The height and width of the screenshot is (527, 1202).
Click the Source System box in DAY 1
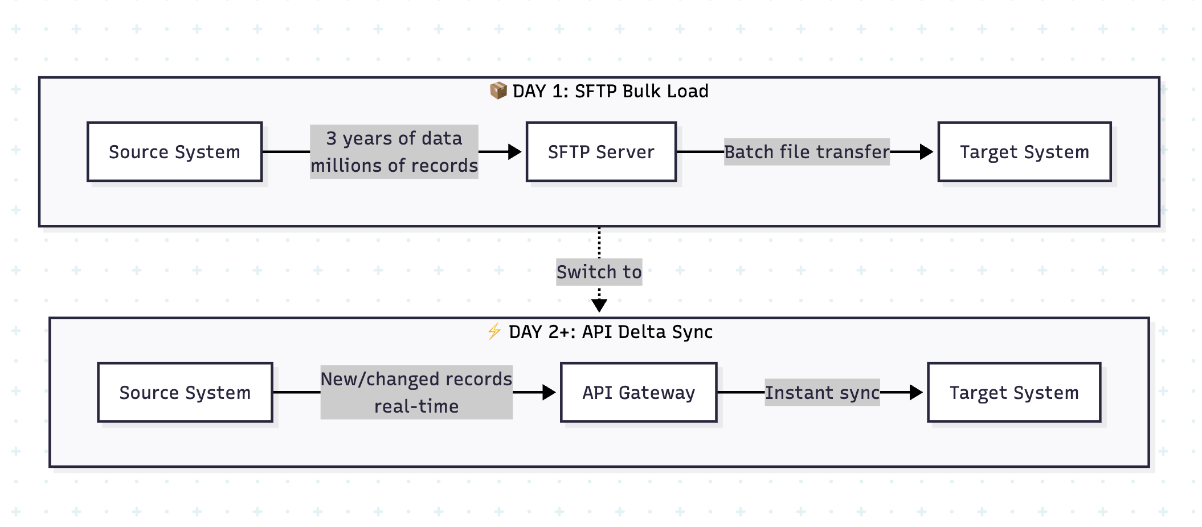click(x=174, y=152)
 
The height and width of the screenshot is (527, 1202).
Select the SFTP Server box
click(x=601, y=152)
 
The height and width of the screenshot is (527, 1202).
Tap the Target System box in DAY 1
click(x=1024, y=152)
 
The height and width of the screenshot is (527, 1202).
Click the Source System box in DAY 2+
click(x=185, y=393)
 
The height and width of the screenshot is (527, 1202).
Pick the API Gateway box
click(x=638, y=393)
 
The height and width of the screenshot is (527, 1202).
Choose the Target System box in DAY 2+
click(x=1013, y=393)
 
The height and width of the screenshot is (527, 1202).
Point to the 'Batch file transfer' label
click(x=806, y=152)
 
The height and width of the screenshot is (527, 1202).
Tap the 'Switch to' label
click(x=599, y=272)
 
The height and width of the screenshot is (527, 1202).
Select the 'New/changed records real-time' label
click(x=416, y=392)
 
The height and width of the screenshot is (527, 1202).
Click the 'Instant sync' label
click(x=821, y=393)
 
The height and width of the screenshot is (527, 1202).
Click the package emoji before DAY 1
click(x=498, y=90)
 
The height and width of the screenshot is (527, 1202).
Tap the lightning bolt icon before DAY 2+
click(x=494, y=331)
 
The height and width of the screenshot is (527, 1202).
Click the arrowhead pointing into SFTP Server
click(x=515, y=152)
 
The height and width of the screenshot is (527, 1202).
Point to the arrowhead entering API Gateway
click(x=549, y=393)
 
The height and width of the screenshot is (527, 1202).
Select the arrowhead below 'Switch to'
click(x=599, y=306)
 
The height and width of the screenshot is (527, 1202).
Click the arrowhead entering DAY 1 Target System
click(x=927, y=152)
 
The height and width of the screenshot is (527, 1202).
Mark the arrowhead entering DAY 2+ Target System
click(x=917, y=393)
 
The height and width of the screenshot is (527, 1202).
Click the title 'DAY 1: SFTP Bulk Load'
click(x=610, y=91)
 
